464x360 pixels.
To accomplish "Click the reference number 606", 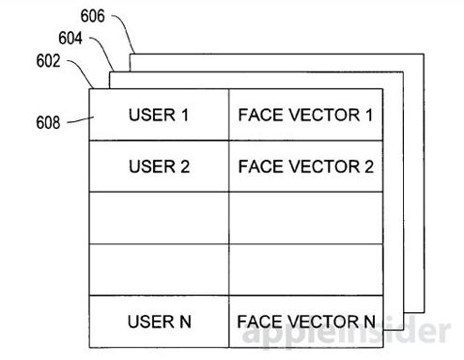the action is pyautogui.click(x=92, y=16).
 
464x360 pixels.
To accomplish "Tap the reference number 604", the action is pyautogui.click(x=70, y=39).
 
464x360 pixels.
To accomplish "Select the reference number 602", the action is pyautogui.click(x=48, y=60).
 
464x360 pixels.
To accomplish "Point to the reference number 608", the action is pyautogui.click(x=48, y=122).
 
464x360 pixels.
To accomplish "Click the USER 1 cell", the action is pyautogui.click(x=159, y=115).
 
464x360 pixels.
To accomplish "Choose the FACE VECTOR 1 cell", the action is pyautogui.click(x=306, y=115).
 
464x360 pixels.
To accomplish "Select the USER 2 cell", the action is pyautogui.click(x=159, y=166).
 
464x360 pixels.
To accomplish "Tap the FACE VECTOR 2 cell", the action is pyautogui.click(x=306, y=166).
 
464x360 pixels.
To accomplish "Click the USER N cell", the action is pyautogui.click(x=159, y=321).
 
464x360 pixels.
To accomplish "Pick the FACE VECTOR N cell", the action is pyautogui.click(x=306, y=321).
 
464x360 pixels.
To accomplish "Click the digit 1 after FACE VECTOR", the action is pyautogui.click(x=369, y=115).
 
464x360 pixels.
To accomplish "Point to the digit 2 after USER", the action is pyautogui.click(x=185, y=166).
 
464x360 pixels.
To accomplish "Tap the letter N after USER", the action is pyautogui.click(x=185, y=321).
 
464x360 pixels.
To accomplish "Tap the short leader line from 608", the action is pyautogui.click(x=81, y=120).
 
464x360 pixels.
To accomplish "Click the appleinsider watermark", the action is pyautogui.click(x=347, y=332).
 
